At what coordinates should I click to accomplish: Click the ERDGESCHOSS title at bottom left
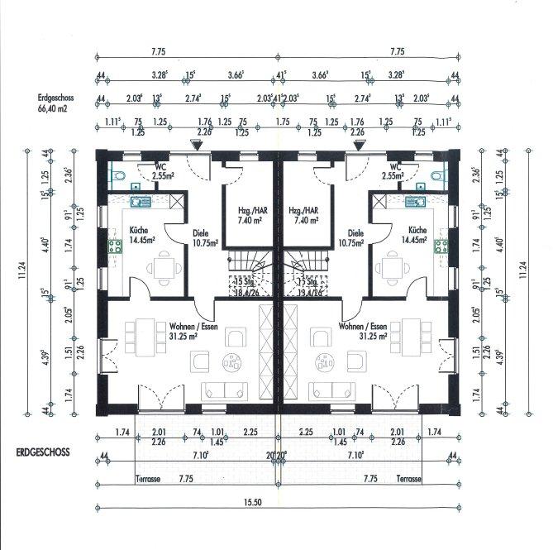[43, 453]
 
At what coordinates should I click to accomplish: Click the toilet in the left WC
[117, 175]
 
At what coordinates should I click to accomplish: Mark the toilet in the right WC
[437, 175]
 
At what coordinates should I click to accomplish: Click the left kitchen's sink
[138, 201]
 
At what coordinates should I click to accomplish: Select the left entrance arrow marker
[196, 145]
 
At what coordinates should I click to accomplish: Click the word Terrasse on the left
[147, 479]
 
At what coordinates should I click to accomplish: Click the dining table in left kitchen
[162, 267]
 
